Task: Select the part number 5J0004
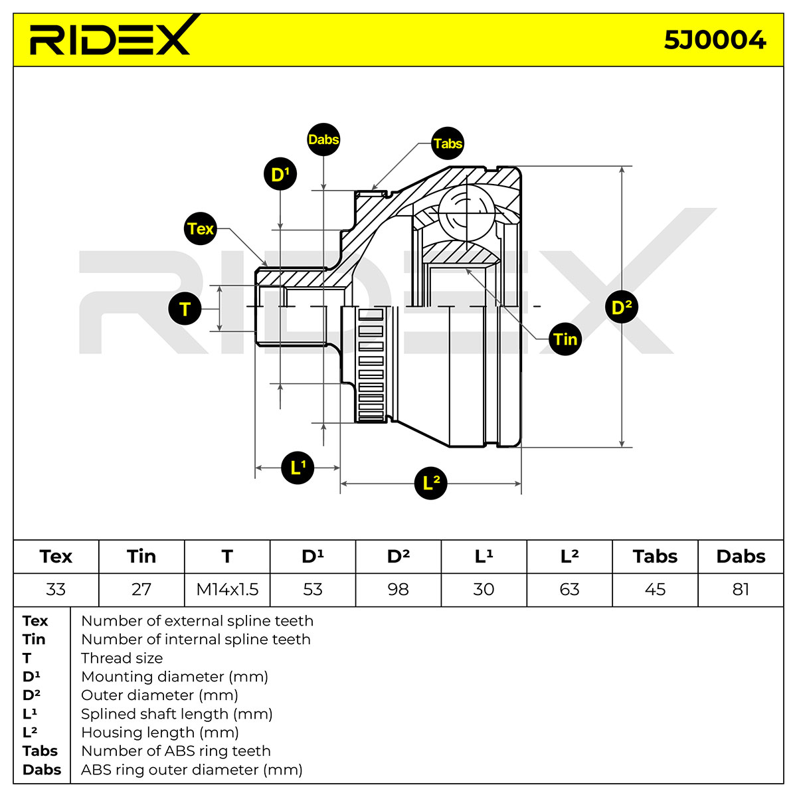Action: [715, 41]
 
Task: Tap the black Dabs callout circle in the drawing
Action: [323, 139]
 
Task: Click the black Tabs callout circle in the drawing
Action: [447, 143]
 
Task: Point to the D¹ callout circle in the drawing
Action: [280, 174]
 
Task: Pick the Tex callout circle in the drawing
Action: [200, 228]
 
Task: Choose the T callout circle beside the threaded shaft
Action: [185, 309]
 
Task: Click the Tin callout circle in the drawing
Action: [565, 339]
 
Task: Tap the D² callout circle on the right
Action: [621, 308]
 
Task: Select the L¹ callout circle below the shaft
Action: [298, 468]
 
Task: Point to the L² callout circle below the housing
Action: [430, 483]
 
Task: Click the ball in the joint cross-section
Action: [466, 213]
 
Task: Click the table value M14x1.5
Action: [227, 589]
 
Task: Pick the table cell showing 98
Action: [398, 589]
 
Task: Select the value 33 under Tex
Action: [56, 589]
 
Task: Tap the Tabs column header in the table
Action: [655, 557]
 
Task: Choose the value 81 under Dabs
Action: [741, 589]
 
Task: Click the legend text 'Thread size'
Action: [122, 658]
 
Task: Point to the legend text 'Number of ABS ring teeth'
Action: [176, 751]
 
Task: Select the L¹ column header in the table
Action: [484, 557]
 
